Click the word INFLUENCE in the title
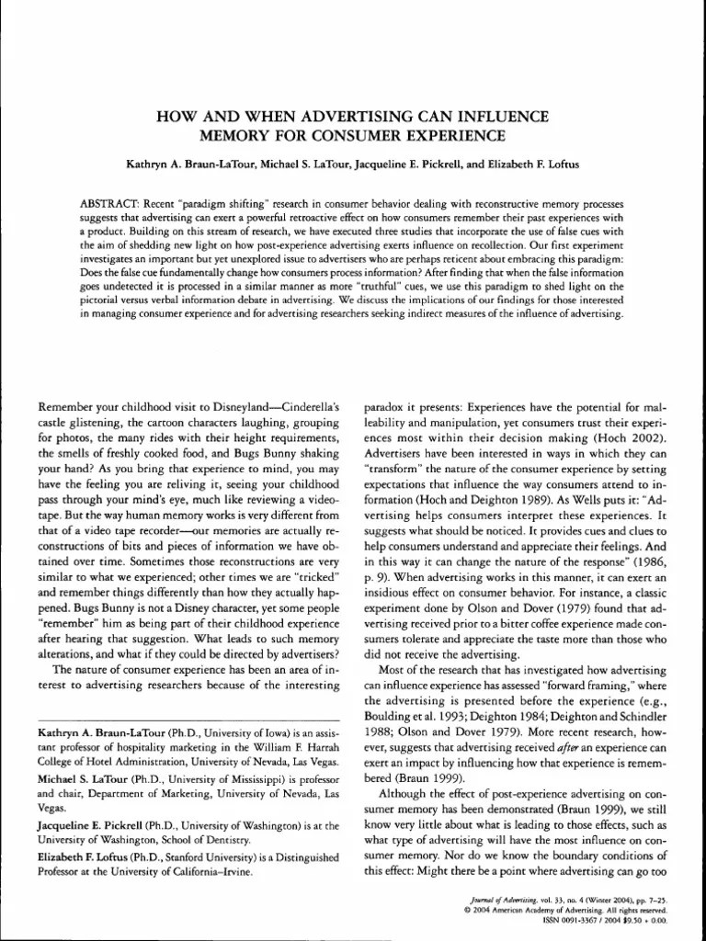coord(503,117)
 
